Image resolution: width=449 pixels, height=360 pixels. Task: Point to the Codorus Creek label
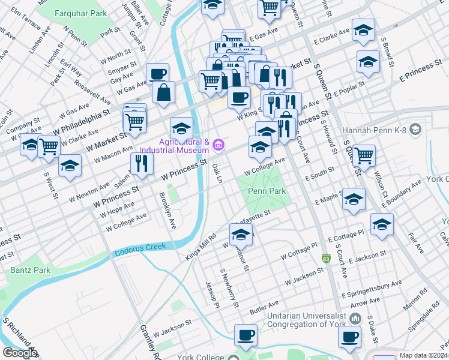(139, 254)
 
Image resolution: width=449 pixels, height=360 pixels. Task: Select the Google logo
(19, 353)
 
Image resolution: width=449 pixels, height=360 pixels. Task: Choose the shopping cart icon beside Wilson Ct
(364, 155)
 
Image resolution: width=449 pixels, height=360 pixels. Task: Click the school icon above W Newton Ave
(70, 166)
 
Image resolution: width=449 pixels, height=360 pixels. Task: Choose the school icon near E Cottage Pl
(381, 224)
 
